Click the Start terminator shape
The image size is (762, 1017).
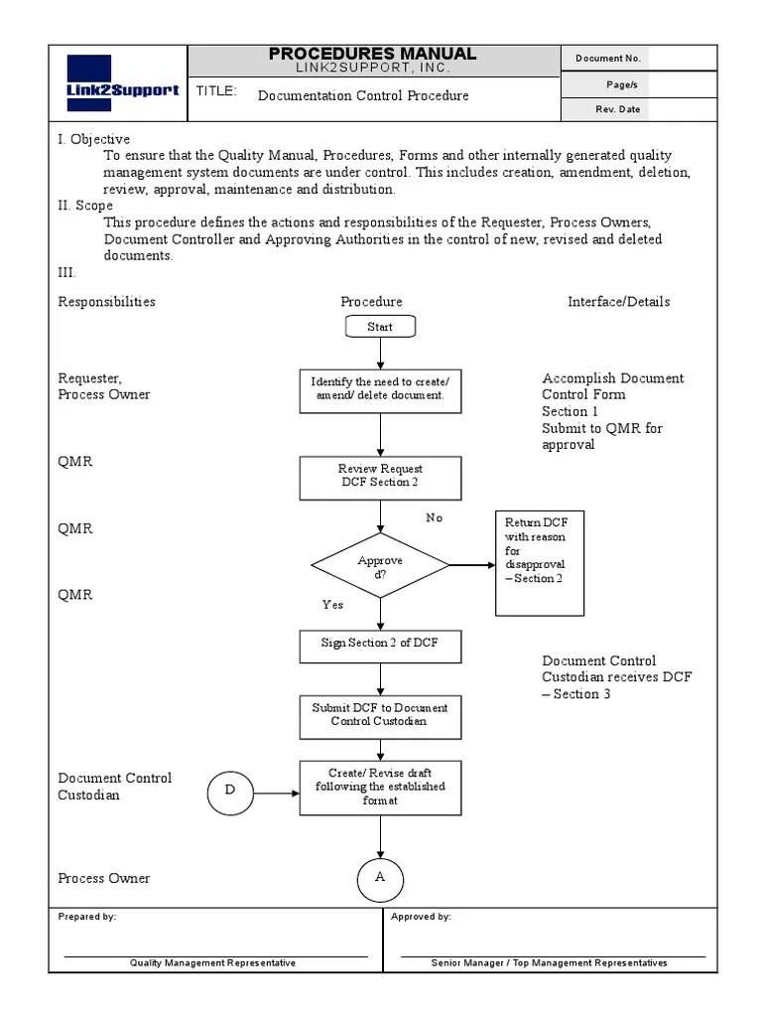click(x=380, y=327)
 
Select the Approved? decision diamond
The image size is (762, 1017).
click(x=380, y=566)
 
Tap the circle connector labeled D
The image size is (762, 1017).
click(x=230, y=792)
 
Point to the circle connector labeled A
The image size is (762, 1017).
click(x=380, y=878)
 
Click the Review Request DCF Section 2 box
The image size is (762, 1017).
click(x=380, y=477)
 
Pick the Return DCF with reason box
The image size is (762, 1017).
click(x=540, y=563)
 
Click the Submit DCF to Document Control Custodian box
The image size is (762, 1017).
click(x=380, y=715)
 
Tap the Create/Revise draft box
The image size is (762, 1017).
click(x=380, y=788)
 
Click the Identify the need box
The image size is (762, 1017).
click(x=380, y=389)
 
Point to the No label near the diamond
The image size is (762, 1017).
click(x=435, y=518)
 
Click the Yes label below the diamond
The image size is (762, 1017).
click(x=332, y=605)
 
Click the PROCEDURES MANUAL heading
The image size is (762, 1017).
click(x=372, y=54)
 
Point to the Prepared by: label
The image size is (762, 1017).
click(x=87, y=917)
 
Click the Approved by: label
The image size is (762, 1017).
click(x=421, y=917)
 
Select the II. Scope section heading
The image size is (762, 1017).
click(x=85, y=206)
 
